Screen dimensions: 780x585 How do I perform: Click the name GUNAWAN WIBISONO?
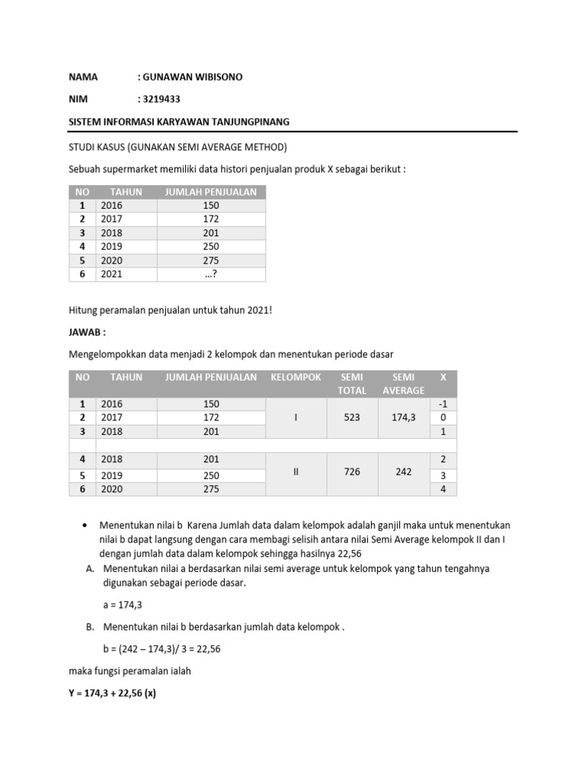pyautogui.click(x=190, y=78)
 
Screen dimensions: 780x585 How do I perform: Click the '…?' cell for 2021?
pyautogui.click(x=211, y=274)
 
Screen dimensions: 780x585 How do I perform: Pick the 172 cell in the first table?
pyautogui.click(x=211, y=219)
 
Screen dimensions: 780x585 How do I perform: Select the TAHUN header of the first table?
pyautogui.click(x=126, y=192)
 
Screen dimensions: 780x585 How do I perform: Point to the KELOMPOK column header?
pyautogui.click(x=296, y=377)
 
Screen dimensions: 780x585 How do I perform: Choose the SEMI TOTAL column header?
pyautogui.click(x=352, y=384)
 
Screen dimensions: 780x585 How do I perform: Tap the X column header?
pyautogui.click(x=443, y=377)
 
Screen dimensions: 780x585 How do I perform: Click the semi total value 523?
pyautogui.click(x=352, y=417)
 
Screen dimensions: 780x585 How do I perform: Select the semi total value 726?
pyautogui.click(x=352, y=472)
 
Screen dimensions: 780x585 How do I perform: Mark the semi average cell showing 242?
pyautogui.click(x=404, y=472)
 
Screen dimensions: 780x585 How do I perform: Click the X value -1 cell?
pyautogui.click(x=443, y=404)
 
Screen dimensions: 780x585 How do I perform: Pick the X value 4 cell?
pyautogui.click(x=443, y=489)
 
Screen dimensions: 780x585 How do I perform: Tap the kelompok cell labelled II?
pyautogui.click(x=296, y=472)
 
